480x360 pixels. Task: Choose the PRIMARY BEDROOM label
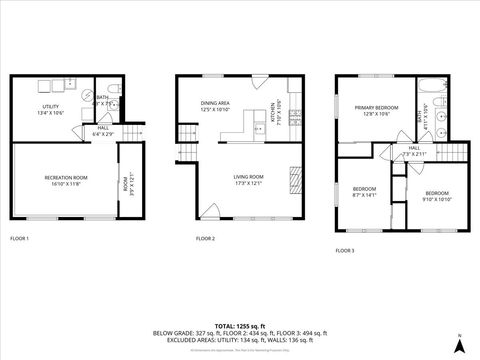click(x=369, y=110)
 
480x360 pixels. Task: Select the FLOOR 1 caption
click(x=20, y=239)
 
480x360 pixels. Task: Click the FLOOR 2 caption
click(x=206, y=239)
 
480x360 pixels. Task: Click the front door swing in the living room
click(x=208, y=212)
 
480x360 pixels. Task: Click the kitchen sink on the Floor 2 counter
click(x=259, y=127)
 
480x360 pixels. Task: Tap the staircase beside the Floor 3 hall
click(x=455, y=152)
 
